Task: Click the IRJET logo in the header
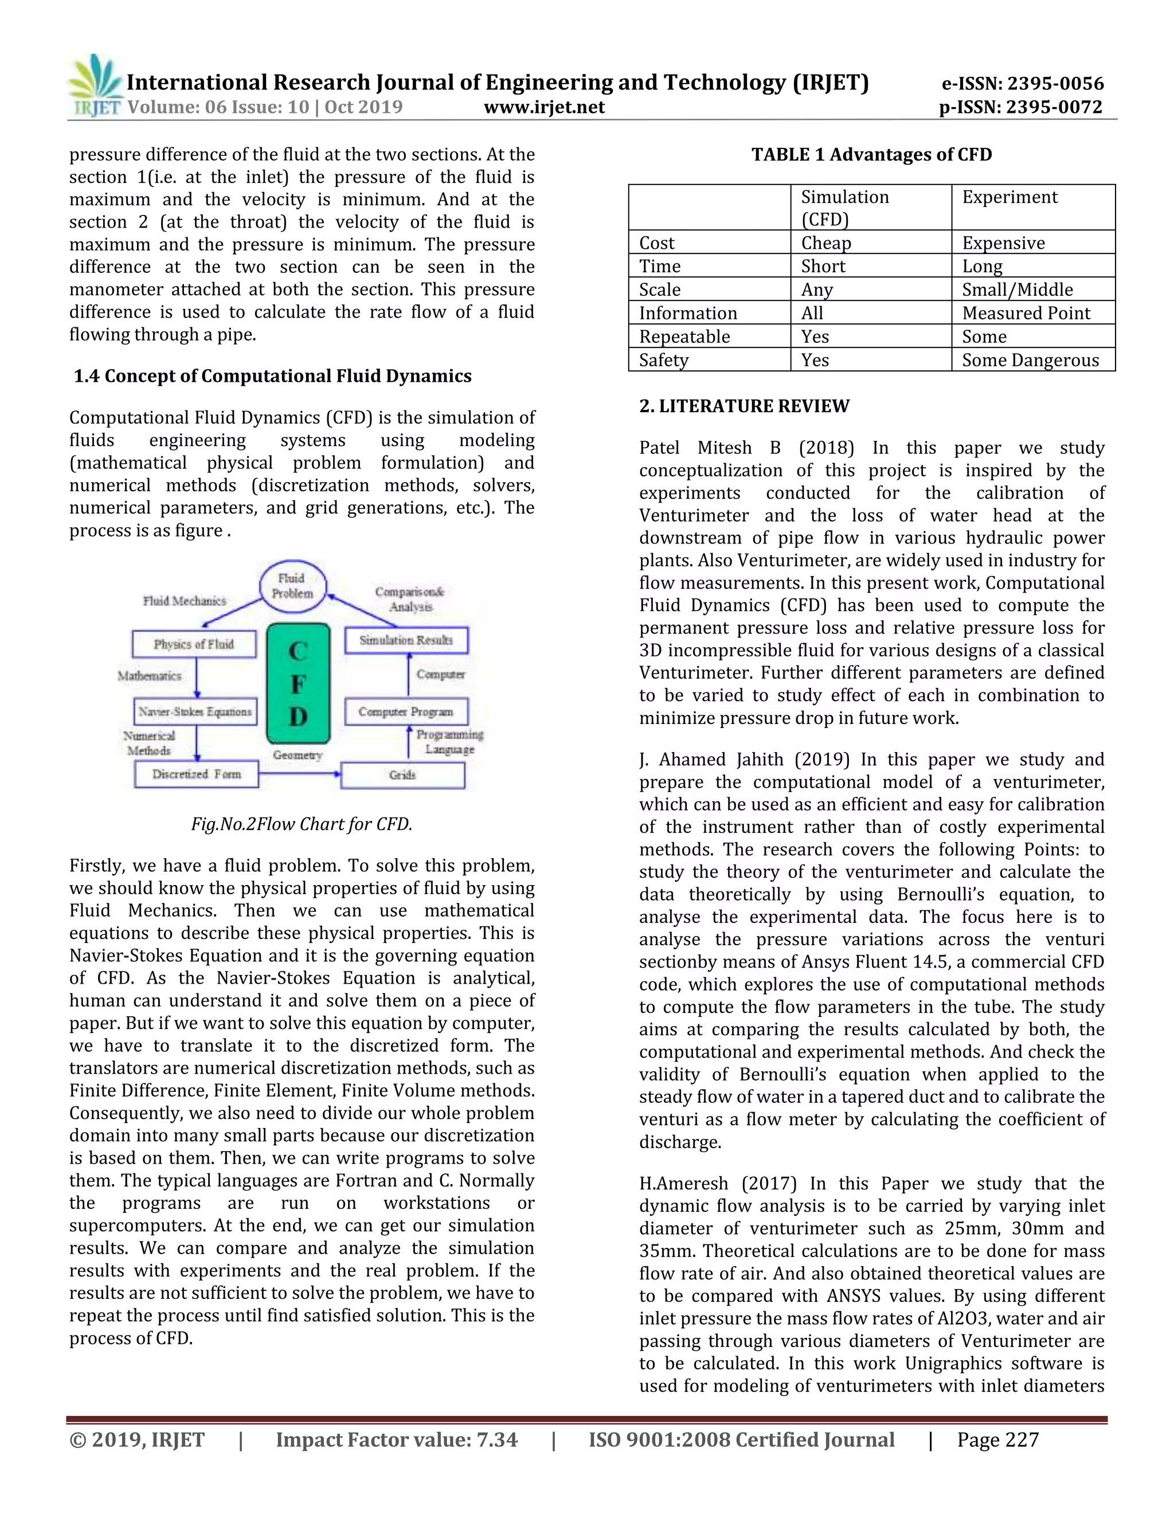coord(95,85)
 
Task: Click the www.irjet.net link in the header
coord(544,107)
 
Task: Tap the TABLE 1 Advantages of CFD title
coord(871,154)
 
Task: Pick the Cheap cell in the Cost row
coord(825,242)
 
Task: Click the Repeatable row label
coord(684,336)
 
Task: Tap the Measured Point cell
coord(1026,313)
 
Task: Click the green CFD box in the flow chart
coord(298,684)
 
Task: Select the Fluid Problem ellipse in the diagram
coord(292,586)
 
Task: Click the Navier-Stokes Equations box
coord(195,711)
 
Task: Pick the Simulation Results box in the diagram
coord(406,640)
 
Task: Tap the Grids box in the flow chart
coord(402,775)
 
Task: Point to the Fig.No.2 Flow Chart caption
coord(302,824)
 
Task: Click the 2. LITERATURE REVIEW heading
coord(744,406)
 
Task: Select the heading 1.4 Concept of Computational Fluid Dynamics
coord(273,376)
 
